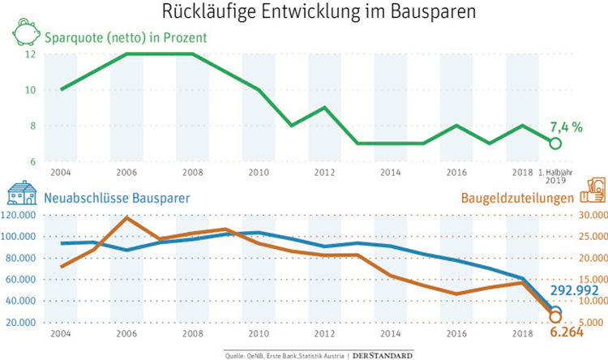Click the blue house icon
(x=22, y=194)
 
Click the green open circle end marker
(x=555, y=144)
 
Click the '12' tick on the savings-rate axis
(x=30, y=54)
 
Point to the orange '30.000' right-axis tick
(x=590, y=216)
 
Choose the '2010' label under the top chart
(x=259, y=174)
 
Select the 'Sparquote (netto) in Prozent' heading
(x=126, y=37)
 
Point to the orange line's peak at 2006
(x=126, y=217)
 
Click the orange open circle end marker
(x=555, y=316)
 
